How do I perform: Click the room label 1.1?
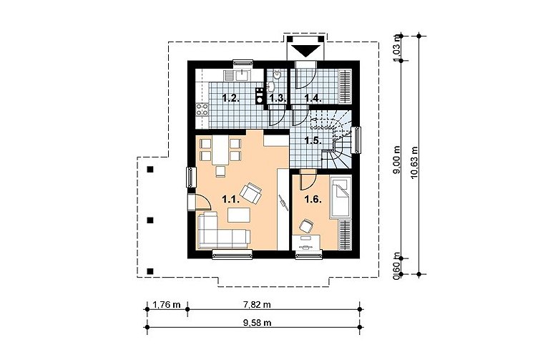pos(230,200)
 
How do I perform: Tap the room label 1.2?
pos(230,98)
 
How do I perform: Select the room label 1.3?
pos(278,99)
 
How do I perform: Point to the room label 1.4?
pos(313,98)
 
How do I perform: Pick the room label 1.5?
pos(313,141)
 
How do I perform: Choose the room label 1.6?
pos(313,200)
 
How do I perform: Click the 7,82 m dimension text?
pos(257,304)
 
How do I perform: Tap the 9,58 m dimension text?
pos(258,323)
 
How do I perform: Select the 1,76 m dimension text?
pos(167,304)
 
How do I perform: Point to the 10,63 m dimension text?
pos(414,162)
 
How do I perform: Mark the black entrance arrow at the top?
pos(305,51)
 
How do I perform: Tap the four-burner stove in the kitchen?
pos(202,110)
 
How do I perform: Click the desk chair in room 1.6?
pos(305,225)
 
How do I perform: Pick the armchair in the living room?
pos(251,193)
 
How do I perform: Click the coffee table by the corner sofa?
pos(239,215)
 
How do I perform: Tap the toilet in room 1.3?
pos(277,74)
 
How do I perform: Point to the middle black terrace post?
pos(150,220)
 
